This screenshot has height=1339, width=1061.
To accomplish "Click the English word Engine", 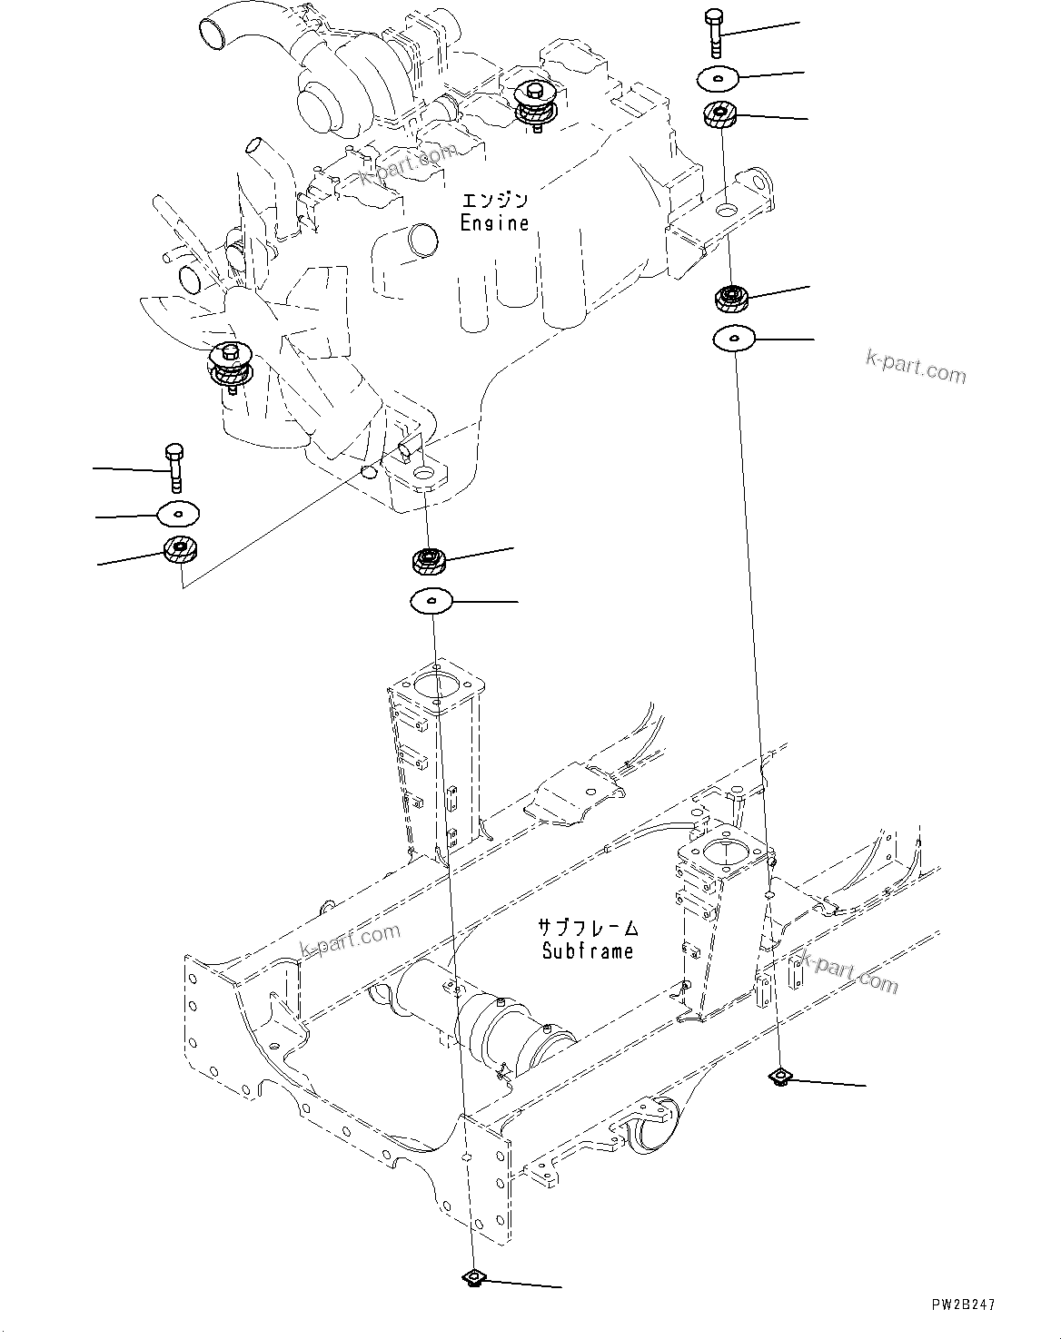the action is [494, 222].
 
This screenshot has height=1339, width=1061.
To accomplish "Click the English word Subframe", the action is [587, 950].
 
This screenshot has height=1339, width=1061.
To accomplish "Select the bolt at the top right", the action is [715, 33].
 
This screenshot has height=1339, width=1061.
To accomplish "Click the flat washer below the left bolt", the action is [178, 514].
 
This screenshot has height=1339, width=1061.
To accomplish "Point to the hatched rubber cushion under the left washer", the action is [180, 548].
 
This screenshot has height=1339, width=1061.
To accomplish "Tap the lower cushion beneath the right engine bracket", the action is [731, 298].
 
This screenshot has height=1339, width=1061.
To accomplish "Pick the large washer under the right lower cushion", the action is [734, 339].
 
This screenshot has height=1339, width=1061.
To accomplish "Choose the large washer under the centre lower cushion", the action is [431, 601].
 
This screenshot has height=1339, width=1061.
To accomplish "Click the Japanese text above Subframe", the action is [589, 928].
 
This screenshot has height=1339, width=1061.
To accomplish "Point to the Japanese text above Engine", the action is [495, 200].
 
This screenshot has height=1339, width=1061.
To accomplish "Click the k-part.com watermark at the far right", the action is [916, 367].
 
